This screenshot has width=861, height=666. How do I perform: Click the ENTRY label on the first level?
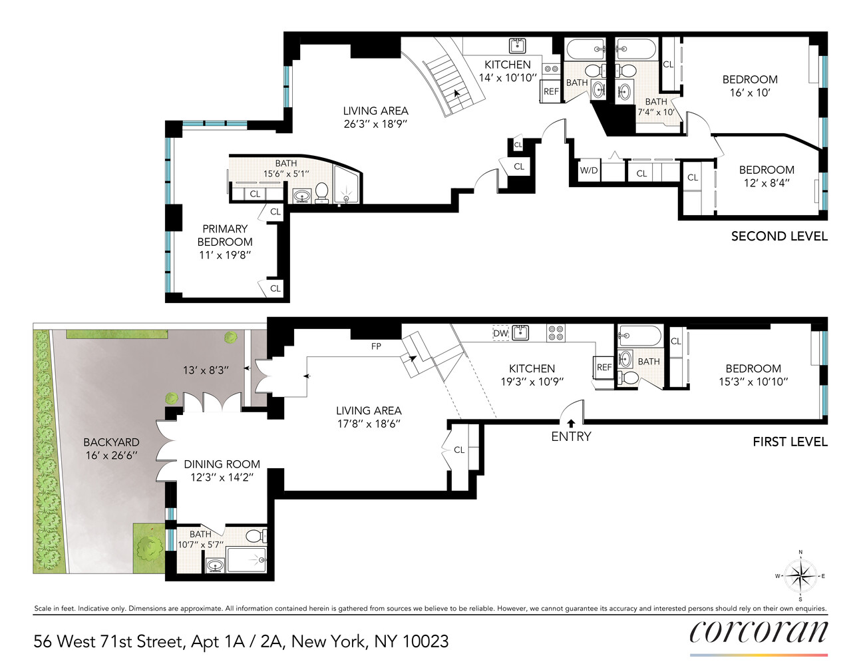coord(571,436)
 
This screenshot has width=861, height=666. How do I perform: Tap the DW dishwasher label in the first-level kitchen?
coord(500,333)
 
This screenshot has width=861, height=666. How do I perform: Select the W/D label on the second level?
coord(589,170)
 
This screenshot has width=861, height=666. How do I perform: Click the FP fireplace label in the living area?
coord(376,346)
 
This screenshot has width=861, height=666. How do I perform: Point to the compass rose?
coord(800,575)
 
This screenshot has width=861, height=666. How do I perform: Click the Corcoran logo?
coord(759,631)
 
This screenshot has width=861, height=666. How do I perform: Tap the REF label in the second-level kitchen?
coord(551,92)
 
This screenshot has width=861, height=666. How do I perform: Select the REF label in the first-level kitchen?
coord(603,368)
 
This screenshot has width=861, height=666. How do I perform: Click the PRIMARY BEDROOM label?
coord(225,235)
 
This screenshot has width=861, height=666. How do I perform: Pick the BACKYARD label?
coord(111,442)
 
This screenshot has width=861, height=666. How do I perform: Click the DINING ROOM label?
coord(222,464)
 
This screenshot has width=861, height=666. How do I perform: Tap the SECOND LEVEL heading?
coord(779,236)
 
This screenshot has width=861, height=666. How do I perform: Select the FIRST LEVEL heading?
coord(790,442)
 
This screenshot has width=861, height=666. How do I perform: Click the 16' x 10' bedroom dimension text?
coord(749,93)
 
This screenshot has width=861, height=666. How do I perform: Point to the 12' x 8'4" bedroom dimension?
coord(767,183)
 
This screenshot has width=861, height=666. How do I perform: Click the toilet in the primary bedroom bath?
coord(322,192)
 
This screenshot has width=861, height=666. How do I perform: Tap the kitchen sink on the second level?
coord(518,45)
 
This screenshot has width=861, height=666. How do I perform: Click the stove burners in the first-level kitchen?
coord(556,332)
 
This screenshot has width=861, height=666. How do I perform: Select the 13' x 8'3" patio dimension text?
coord(206,370)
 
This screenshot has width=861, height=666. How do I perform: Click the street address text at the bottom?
coord(241,641)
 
